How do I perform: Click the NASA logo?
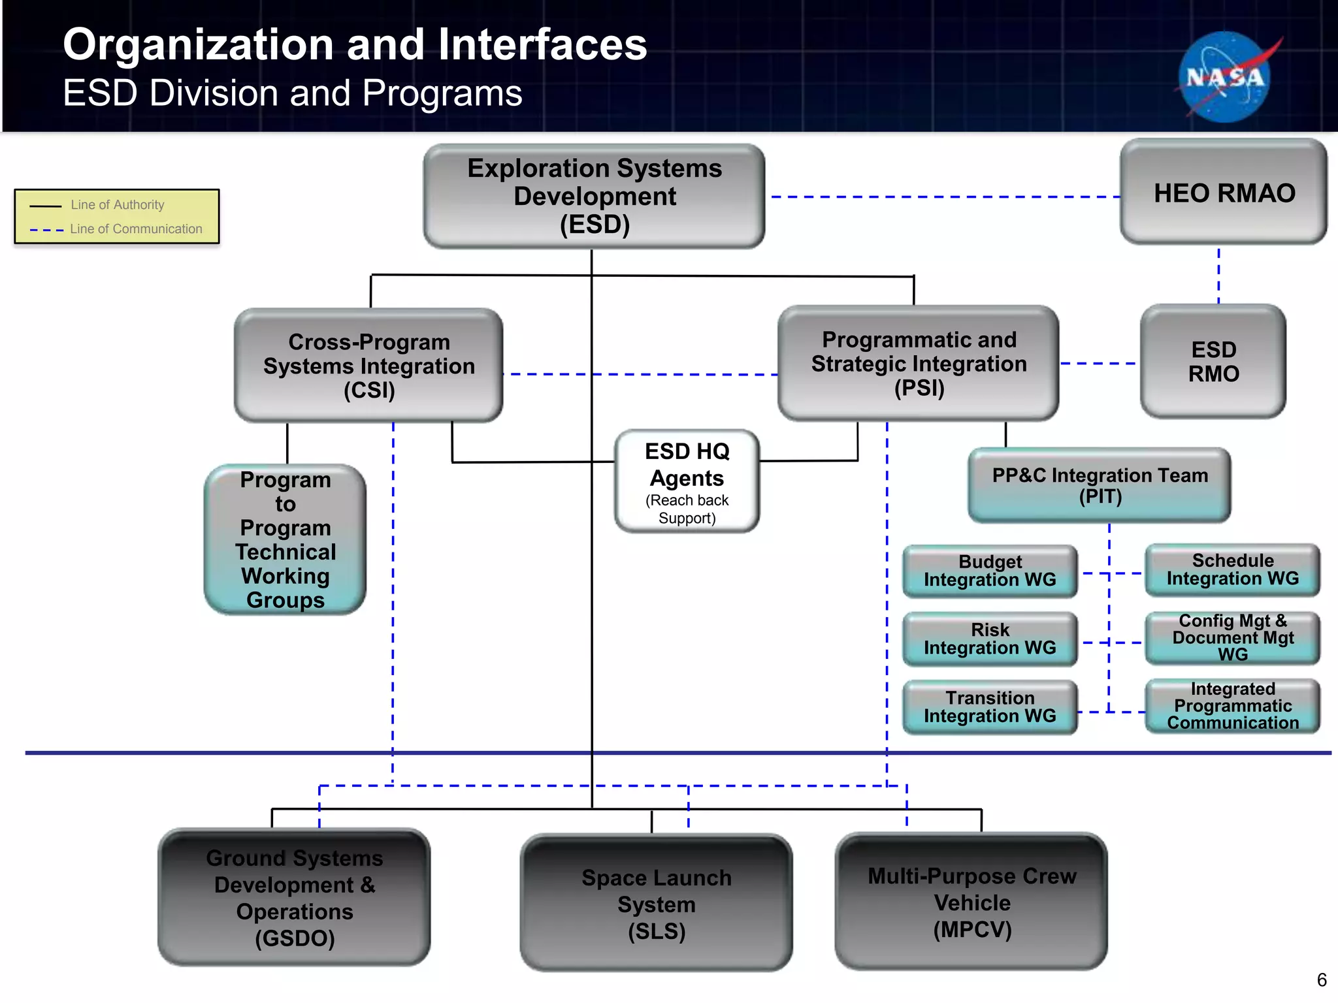click(x=1225, y=77)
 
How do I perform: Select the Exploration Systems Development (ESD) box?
click(x=594, y=196)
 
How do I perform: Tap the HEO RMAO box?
click(x=1224, y=193)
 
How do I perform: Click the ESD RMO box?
click(x=1213, y=361)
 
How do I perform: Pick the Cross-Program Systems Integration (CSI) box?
click(x=368, y=366)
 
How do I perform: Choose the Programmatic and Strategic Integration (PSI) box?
click(x=918, y=364)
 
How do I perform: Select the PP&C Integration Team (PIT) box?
click(x=1100, y=485)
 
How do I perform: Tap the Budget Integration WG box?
click(x=990, y=571)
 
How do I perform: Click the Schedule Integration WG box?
click(x=1232, y=569)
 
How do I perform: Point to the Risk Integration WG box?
click(x=990, y=639)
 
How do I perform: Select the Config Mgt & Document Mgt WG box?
click(x=1232, y=637)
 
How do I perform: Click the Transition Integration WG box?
click(x=990, y=707)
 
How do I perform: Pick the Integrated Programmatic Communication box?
click(x=1232, y=706)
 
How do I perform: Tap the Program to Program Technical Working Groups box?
click(x=285, y=539)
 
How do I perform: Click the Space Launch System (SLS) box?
click(x=656, y=904)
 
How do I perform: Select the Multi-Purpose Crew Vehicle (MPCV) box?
click(x=971, y=902)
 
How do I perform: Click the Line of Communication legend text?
click(x=136, y=229)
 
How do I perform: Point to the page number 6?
click(x=1322, y=980)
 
